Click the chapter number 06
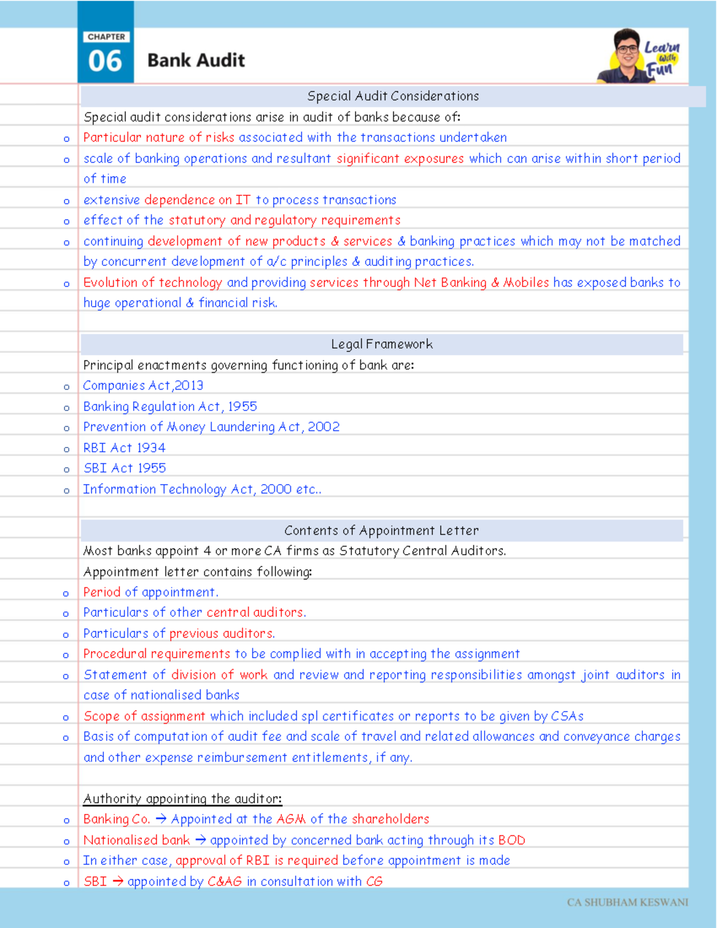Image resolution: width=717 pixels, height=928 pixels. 105,61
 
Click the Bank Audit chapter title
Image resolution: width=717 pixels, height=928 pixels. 196,60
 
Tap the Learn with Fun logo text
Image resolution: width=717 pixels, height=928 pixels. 661,59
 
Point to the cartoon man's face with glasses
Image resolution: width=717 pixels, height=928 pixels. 627,50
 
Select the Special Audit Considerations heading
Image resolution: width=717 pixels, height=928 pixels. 393,96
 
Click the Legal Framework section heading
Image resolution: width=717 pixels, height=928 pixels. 382,344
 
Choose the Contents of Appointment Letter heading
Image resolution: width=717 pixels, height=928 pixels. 381,531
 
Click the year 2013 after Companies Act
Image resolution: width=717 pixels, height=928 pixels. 189,386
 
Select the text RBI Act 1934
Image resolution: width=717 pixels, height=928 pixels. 124,448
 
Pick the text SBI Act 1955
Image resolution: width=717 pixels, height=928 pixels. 124,468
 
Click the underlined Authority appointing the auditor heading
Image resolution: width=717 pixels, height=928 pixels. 182,799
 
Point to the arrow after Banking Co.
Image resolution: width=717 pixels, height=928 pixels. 161,819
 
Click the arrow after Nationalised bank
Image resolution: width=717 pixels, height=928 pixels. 200,840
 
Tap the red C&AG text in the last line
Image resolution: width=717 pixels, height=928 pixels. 225,881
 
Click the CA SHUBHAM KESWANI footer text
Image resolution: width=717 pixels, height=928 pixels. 627,902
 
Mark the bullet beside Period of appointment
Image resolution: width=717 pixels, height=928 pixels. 66,593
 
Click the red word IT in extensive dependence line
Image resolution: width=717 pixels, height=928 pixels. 243,200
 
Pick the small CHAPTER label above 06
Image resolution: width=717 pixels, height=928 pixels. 106,37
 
